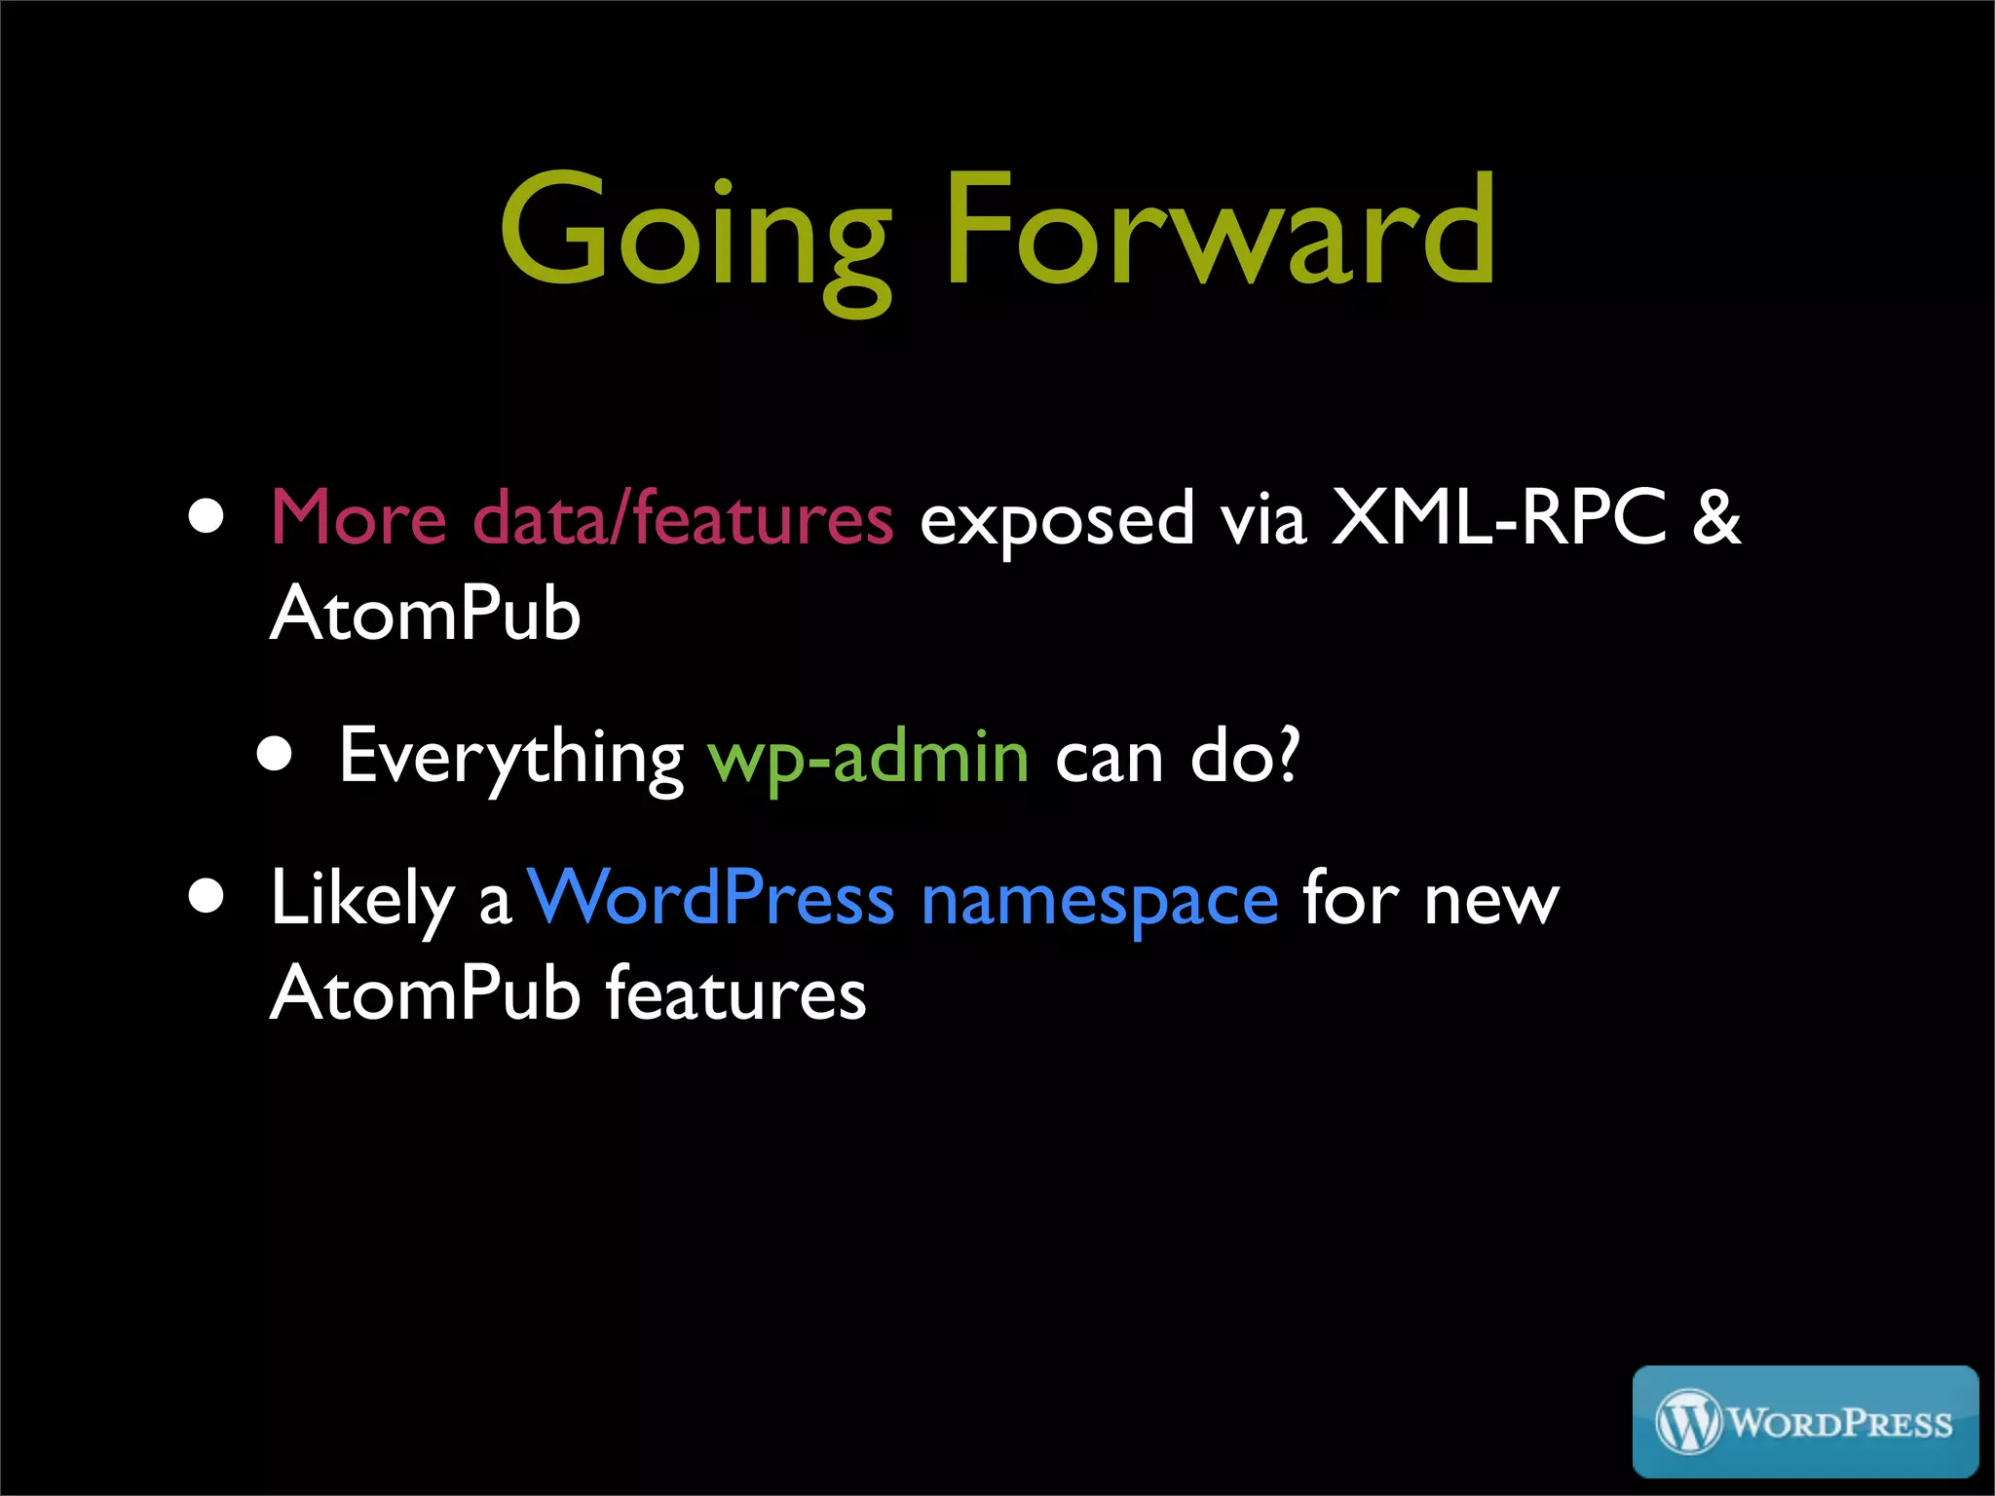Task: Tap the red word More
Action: pyautogui.click(x=358, y=517)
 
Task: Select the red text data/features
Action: pyautogui.click(x=682, y=517)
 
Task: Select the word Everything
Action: pyautogui.click(x=510, y=758)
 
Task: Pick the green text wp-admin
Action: pyautogui.click(x=868, y=758)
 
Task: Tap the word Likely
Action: pyautogui.click(x=362, y=899)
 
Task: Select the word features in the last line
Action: pyautogui.click(x=735, y=993)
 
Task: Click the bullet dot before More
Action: pyautogui.click(x=207, y=516)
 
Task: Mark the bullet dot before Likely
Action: pyautogui.click(x=207, y=896)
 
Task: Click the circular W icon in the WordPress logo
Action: pyautogui.click(x=1688, y=1422)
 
